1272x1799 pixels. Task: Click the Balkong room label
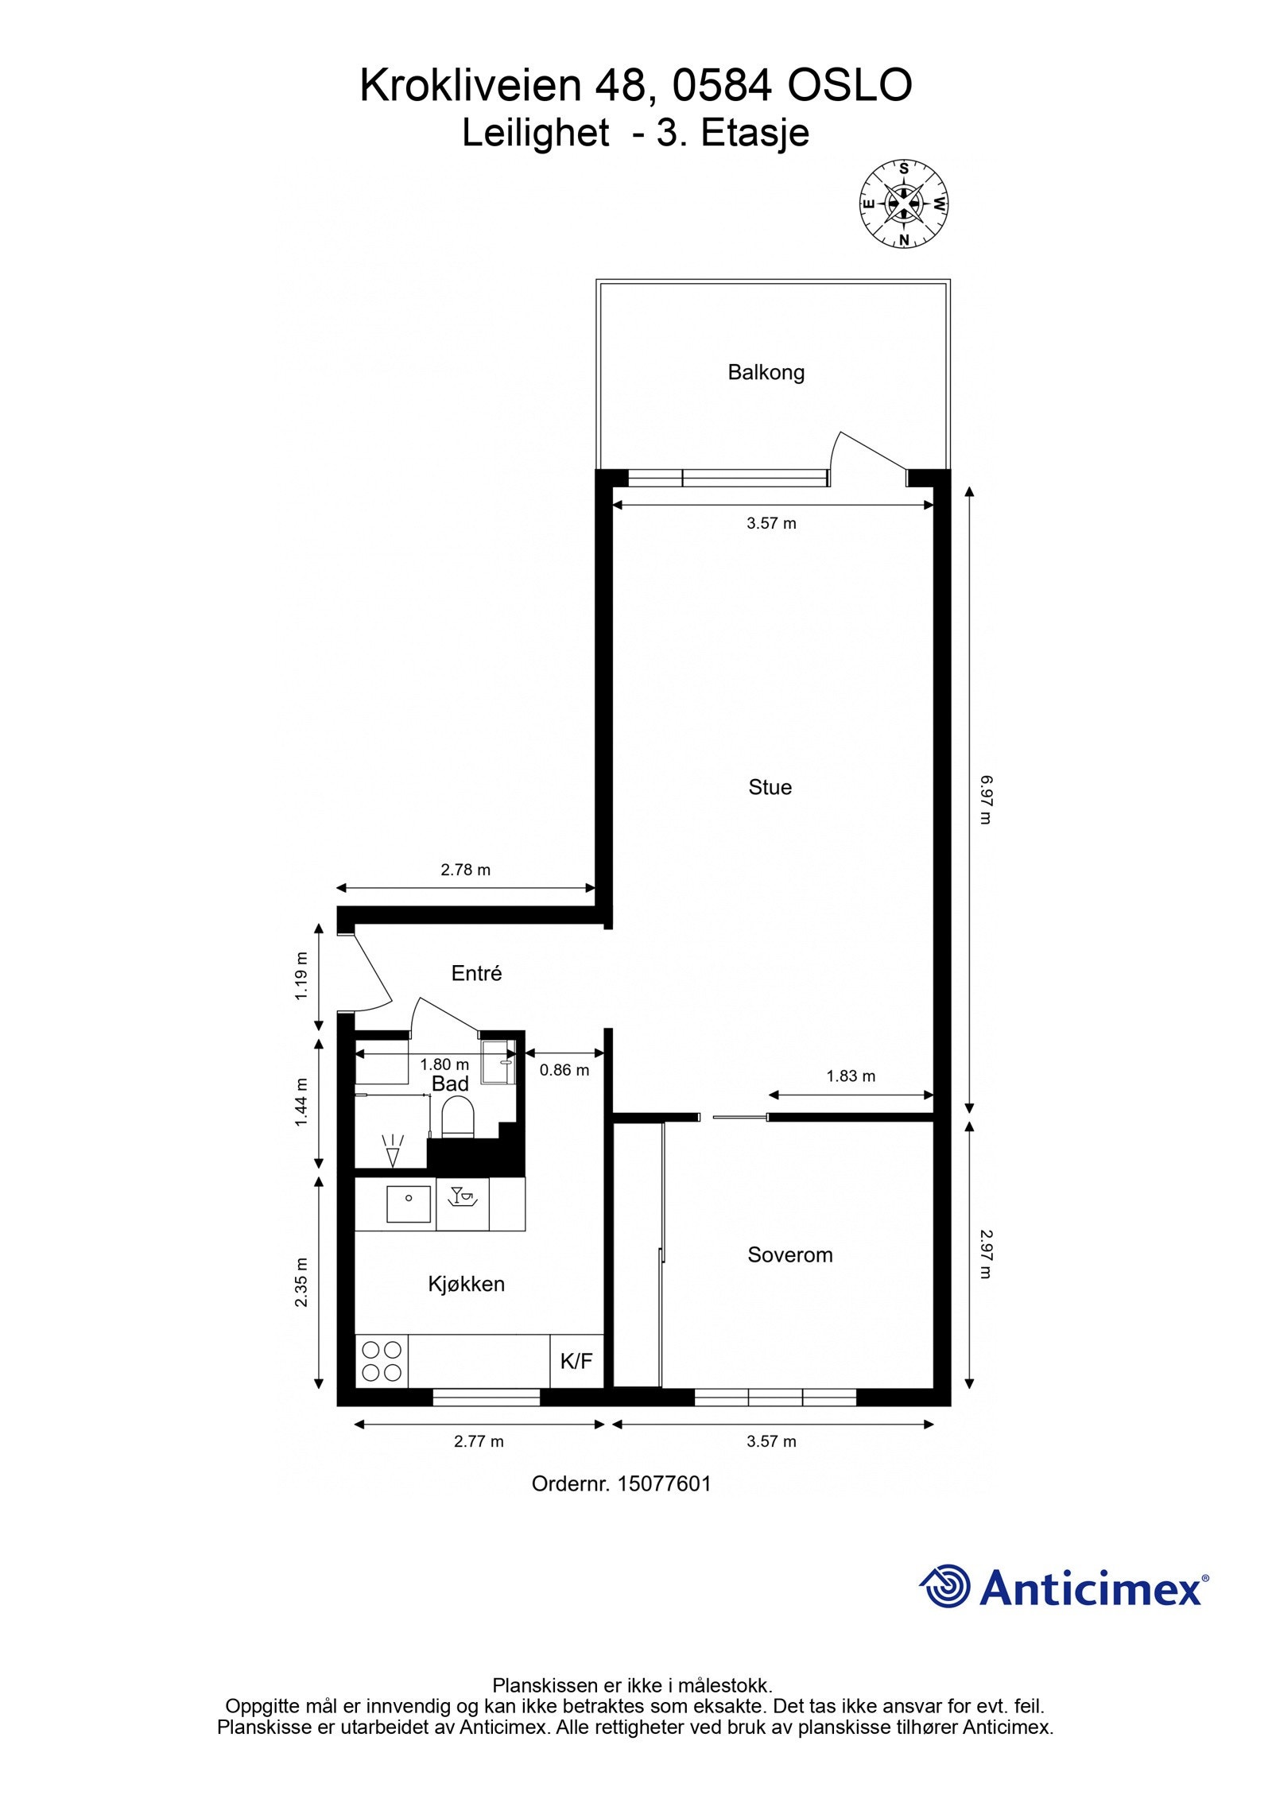click(766, 372)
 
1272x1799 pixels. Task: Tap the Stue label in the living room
click(770, 787)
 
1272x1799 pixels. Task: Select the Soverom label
click(789, 1254)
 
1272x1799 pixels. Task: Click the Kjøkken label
click(466, 1283)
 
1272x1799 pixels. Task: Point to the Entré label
click(476, 973)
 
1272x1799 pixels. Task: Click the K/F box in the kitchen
click(576, 1361)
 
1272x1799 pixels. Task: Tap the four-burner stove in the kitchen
click(382, 1360)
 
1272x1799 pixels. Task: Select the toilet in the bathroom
click(457, 1115)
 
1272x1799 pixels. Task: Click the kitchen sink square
click(409, 1204)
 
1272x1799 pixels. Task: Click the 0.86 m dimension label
click(564, 1070)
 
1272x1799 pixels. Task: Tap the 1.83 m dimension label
click(851, 1076)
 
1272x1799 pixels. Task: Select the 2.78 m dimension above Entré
click(466, 870)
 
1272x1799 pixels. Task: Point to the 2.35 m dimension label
click(301, 1281)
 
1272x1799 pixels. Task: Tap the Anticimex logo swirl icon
click(945, 1585)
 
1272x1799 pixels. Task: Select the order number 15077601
click(664, 1483)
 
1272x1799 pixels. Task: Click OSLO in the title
click(849, 85)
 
